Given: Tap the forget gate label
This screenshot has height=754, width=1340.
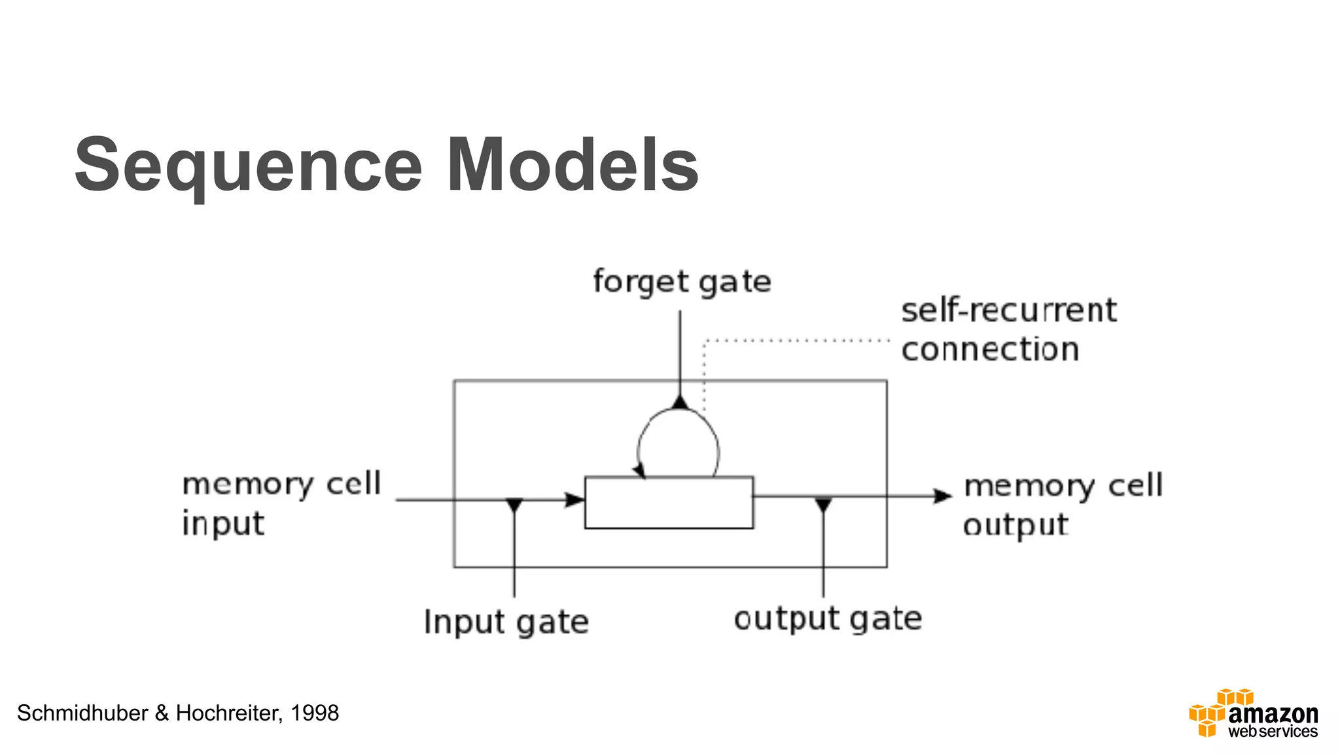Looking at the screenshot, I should (x=682, y=282).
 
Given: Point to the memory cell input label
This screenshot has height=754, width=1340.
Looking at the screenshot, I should (x=281, y=503).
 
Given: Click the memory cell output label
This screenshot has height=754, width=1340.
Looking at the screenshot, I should (x=1063, y=504).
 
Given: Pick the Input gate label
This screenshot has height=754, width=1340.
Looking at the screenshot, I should (x=506, y=621).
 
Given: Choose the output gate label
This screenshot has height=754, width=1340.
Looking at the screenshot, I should (x=827, y=619).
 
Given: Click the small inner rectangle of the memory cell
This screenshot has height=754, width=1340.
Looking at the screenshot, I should (x=669, y=502).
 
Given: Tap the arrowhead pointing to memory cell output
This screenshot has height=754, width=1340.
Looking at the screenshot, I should (x=942, y=496).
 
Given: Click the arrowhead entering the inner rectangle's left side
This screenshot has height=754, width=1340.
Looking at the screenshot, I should (x=574, y=500).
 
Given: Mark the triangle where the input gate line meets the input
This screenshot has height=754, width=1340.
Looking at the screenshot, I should (x=514, y=505).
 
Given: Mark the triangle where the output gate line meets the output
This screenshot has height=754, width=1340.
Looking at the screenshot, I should (x=823, y=505).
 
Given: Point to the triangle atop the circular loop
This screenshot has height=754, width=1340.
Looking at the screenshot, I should (x=680, y=401).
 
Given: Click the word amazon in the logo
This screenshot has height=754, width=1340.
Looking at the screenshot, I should (x=1273, y=713).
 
